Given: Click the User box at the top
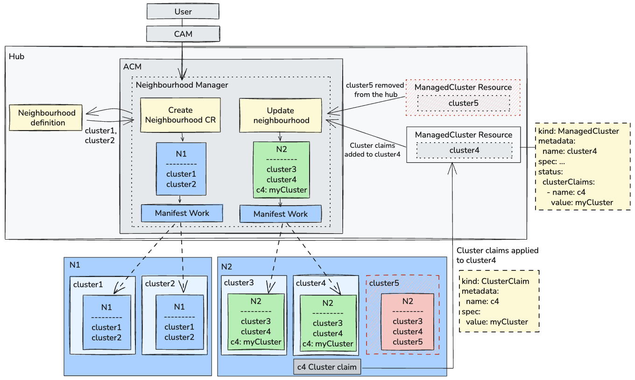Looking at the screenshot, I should click(x=183, y=11).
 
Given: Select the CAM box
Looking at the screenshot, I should click(x=183, y=34).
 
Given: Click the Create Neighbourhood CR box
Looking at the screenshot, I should click(x=180, y=115).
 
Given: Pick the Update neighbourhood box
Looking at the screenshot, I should click(x=281, y=115).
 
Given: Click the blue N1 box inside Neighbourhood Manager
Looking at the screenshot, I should click(x=180, y=169).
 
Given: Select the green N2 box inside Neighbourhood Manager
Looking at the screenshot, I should click(x=281, y=170).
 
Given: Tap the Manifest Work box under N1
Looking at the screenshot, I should click(x=182, y=213).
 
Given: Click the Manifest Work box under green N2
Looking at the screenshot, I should click(x=281, y=214).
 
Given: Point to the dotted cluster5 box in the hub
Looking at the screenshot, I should click(x=463, y=103).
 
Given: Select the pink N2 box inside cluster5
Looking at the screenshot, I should click(x=408, y=322).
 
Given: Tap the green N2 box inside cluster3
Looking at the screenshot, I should click(x=256, y=322).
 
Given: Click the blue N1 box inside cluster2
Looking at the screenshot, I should click(x=179, y=322).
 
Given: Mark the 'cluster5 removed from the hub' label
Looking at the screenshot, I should click(x=372, y=90).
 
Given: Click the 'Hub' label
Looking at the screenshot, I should click(x=17, y=56).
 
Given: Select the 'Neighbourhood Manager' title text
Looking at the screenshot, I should click(x=182, y=85).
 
